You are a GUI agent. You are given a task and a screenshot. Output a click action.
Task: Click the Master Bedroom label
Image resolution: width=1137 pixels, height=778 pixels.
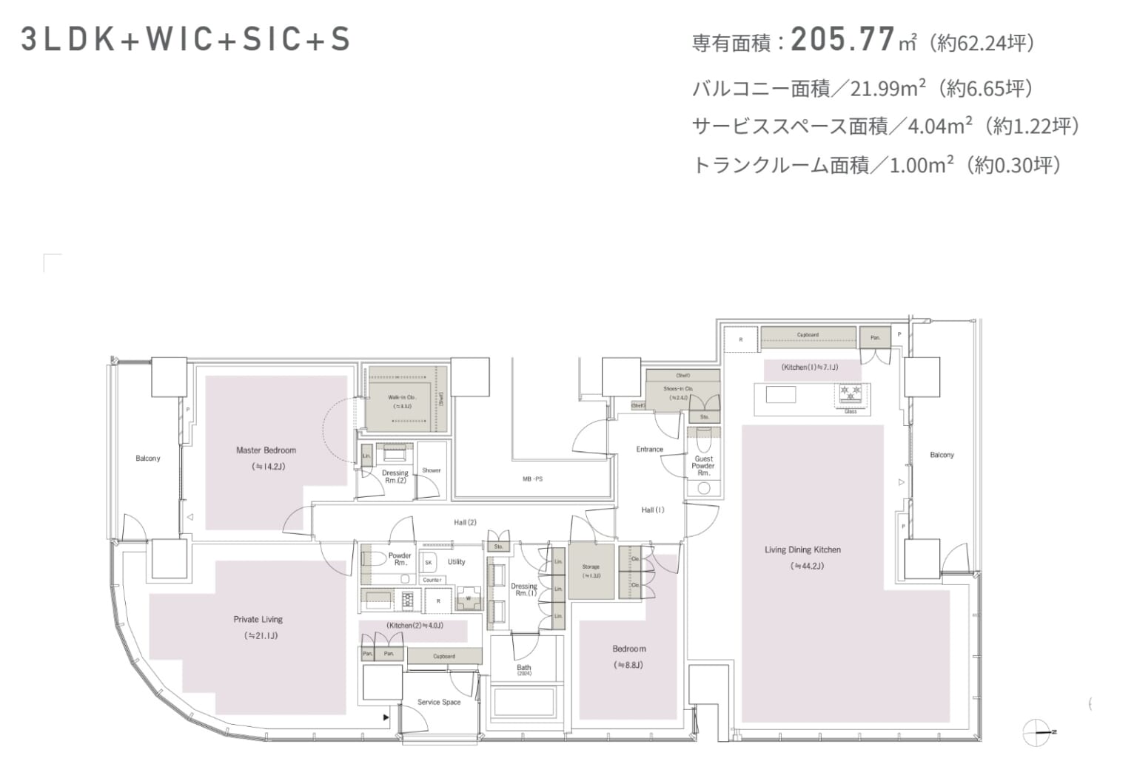pyautogui.click(x=266, y=450)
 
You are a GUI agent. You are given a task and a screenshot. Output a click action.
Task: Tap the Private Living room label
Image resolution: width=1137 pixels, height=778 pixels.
pyautogui.click(x=258, y=620)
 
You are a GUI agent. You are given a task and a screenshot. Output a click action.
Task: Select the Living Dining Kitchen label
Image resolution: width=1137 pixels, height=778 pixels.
pyautogui.click(x=802, y=549)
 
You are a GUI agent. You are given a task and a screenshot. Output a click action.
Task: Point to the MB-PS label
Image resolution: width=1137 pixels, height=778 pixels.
pyautogui.click(x=532, y=479)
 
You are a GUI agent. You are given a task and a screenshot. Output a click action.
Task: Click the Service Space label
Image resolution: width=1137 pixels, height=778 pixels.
pyautogui.click(x=438, y=702)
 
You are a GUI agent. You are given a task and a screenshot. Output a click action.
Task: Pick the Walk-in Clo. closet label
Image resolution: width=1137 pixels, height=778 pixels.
pyautogui.click(x=402, y=397)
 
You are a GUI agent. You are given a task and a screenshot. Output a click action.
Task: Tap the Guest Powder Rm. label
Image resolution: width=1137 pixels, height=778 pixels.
pyautogui.click(x=703, y=466)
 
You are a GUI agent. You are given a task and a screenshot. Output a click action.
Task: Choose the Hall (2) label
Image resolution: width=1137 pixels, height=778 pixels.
pyautogui.click(x=465, y=522)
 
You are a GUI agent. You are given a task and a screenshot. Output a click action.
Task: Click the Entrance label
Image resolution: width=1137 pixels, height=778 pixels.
pyautogui.click(x=649, y=449)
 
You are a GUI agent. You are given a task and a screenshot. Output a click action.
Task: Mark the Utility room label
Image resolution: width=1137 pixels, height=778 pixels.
pyautogui.click(x=456, y=562)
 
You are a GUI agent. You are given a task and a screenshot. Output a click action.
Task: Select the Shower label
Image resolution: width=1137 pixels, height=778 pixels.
pyautogui.click(x=431, y=470)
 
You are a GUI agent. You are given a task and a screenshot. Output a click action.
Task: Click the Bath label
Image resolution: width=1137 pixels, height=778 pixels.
pyautogui.click(x=524, y=668)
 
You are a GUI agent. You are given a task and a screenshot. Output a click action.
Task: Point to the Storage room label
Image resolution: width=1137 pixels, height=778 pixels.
pyautogui.click(x=591, y=567)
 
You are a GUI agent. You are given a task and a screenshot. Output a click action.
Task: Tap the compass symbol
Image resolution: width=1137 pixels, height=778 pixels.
pyautogui.click(x=1038, y=731)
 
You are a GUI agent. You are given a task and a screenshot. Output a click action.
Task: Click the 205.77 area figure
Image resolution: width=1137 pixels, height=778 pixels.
pyautogui.click(x=843, y=40)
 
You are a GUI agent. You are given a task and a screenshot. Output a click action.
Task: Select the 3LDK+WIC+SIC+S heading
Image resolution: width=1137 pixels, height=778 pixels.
pyautogui.click(x=186, y=40)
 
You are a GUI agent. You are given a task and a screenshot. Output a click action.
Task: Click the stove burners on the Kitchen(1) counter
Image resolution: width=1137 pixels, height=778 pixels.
pyautogui.click(x=849, y=390)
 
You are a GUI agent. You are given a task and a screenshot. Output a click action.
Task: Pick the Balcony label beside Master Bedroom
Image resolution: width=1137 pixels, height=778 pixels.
pyautogui.click(x=148, y=459)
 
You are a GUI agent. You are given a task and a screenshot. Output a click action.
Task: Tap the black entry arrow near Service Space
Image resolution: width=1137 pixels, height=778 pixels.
pyautogui.click(x=386, y=717)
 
